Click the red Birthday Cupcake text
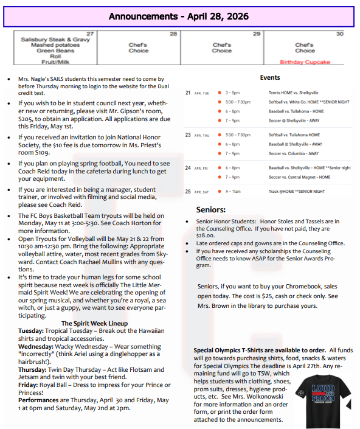click(x=305, y=62)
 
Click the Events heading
click(x=269, y=78)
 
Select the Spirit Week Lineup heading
click(x=94, y=323)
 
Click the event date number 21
click(x=188, y=93)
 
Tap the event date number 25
click(x=188, y=191)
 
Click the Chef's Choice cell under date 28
click(x=138, y=47)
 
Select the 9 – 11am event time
click(x=233, y=191)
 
